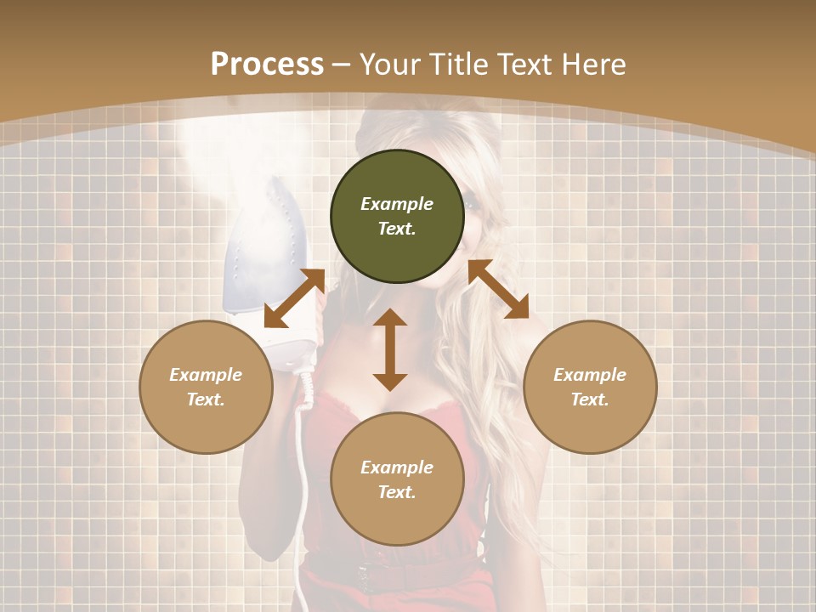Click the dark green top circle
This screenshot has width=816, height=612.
pyautogui.click(x=397, y=217)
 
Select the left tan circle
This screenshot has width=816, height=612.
pyautogui.click(x=206, y=387)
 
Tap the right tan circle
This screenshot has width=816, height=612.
pyautogui.click(x=590, y=387)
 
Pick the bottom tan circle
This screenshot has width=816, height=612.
pyautogui.click(x=397, y=479)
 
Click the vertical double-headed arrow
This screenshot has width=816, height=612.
pyautogui.click(x=390, y=349)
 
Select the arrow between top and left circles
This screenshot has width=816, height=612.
pyautogui.click(x=295, y=298)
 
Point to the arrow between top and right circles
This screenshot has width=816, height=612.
pyautogui.click(x=498, y=289)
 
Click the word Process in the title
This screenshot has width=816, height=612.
pyautogui.click(x=267, y=64)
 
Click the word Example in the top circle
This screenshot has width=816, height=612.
pyautogui.click(x=397, y=204)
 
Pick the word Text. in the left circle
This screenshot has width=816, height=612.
pyautogui.click(x=206, y=399)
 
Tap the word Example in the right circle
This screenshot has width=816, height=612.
pyautogui.click(x=590, y=375)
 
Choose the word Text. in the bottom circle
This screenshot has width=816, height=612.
pyautogui.click(x=397, y=492)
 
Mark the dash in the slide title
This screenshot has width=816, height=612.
pyautogui.click(x=342, y=65)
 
